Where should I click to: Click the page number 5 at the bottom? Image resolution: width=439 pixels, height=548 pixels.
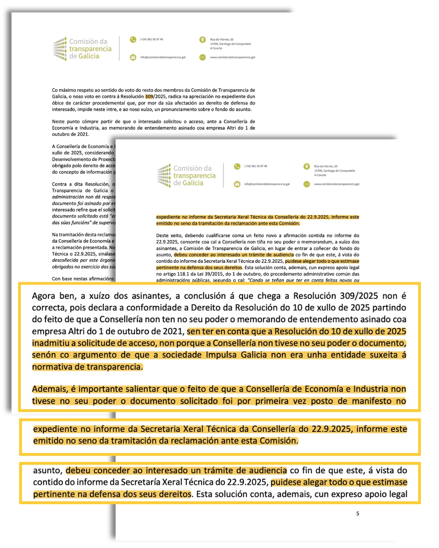tap(358, 513)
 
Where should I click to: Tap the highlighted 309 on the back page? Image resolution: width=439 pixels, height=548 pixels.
tap(149, 97)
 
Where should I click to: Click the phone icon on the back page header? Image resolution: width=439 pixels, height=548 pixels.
tap(133, 40)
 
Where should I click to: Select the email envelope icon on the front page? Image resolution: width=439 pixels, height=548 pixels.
tap(237, 184)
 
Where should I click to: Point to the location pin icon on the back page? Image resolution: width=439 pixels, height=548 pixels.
tap(202, 40)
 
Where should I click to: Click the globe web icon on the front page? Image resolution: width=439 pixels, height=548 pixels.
tap(306, 184)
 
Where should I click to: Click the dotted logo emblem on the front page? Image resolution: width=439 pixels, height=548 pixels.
tap(164, 175)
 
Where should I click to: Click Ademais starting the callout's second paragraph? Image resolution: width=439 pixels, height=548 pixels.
tap(50, 389)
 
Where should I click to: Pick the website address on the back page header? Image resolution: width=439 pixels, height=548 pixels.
tap(233, 57)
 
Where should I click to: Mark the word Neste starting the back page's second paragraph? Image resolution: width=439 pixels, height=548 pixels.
tap(59, 121)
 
